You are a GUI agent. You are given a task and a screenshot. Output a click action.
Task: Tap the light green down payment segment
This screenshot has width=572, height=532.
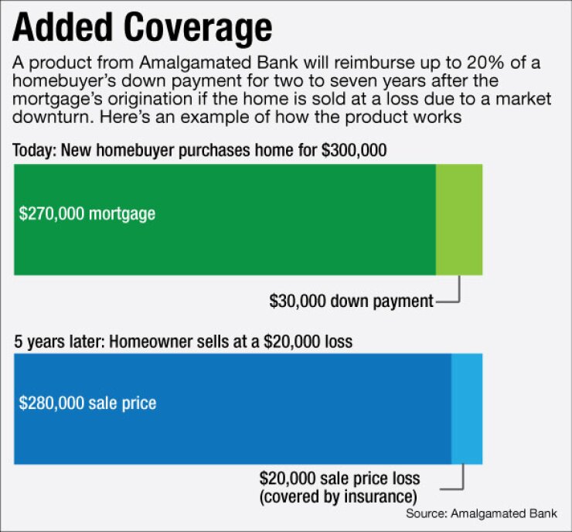[459, 220]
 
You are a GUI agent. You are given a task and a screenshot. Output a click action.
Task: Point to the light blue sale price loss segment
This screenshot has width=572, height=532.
[467, 409]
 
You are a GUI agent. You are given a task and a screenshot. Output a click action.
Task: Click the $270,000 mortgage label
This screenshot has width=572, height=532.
[87, 213]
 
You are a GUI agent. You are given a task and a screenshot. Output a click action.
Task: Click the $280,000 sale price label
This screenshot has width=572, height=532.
[87, 403]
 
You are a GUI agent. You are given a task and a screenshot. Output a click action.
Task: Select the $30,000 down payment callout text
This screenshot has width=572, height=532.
[351, 302]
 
